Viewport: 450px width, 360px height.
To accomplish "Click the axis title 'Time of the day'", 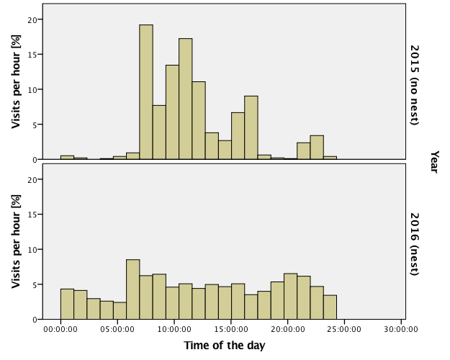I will [224, 346].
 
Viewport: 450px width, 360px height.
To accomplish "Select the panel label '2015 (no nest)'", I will [415, 84].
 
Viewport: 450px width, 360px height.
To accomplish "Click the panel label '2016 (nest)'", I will [415, 243].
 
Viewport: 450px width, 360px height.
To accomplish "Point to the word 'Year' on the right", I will [435, 161].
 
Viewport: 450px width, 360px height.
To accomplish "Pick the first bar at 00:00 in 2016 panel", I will [67, 304].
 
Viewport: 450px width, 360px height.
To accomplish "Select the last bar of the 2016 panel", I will [330, 307].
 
